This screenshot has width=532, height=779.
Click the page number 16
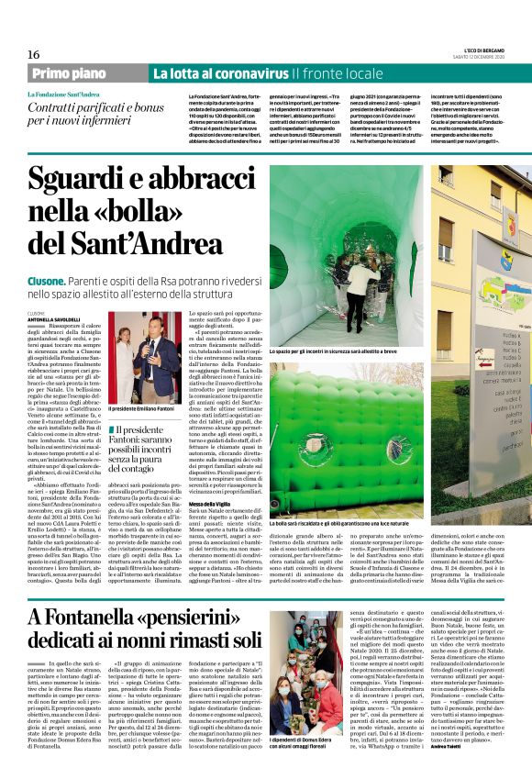pyautogui.click(x=35, y=55)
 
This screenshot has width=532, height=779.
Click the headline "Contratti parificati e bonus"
pyautogui.click(x=88, y=108)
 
